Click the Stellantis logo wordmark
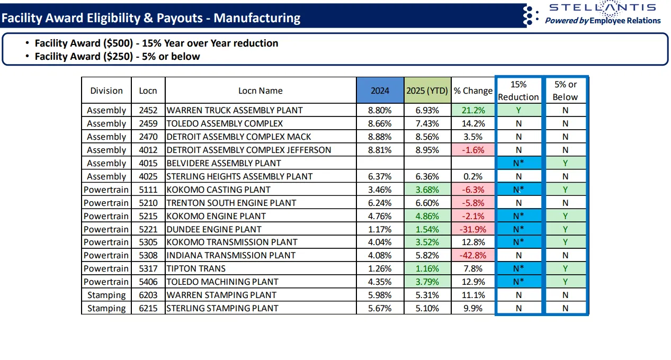coord(602,7)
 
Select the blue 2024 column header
coord(380,91)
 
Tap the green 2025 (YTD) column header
coord(427,91)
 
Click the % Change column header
coord(473,91)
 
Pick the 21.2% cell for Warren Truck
coord(473,111)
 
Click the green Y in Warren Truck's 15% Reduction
coord(518,111)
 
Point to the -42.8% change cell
coord(473,255)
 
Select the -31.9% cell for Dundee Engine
coord(473,229)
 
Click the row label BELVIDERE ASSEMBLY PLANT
coord(223,163)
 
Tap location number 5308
coord(148,255)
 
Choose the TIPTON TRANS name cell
coord(196,268)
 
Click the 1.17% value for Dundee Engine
coord(380,229)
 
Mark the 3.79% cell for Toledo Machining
coord(427,282)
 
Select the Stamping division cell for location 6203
coord(106,295)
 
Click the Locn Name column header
coord(260,91)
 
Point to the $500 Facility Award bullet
coord(156,43)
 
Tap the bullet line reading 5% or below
coord(117,57)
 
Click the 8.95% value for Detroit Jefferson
coord(427,150)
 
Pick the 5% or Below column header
coord(565,91)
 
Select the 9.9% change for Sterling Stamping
coord(473,308)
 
